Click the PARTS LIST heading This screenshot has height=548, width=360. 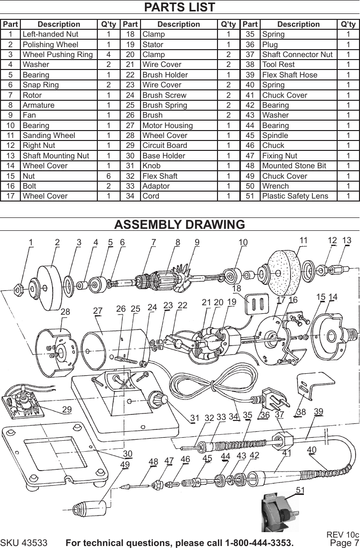pos(179,7)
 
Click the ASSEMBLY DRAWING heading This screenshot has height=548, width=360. pos(179,224)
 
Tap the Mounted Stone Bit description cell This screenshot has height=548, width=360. pos(294,166)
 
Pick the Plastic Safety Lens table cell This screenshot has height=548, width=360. pos(295,196)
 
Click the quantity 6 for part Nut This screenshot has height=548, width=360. pos(109,176)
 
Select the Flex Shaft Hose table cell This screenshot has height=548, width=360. pos(289,74)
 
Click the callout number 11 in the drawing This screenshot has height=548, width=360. pos(303,240)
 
